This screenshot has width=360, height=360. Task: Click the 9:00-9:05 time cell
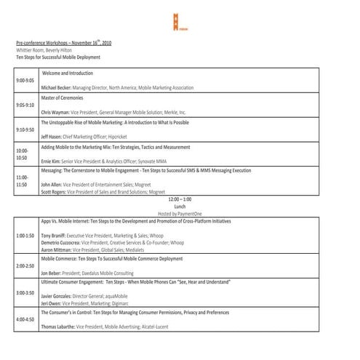coord(25,80)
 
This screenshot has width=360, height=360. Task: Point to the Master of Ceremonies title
coord(62,97)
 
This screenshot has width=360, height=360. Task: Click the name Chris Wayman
coord(55,112)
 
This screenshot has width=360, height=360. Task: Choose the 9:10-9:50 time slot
coord(25,129)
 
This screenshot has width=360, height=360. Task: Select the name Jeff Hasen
coord(52,136)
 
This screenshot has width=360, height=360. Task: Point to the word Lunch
coord(179,205)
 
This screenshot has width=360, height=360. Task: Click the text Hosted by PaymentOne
coord(179,212)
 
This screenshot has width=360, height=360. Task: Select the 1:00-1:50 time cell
coord(25,236)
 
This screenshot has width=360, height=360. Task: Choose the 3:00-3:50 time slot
coord(25,292)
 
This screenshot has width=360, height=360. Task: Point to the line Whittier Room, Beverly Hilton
coord(49,49)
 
